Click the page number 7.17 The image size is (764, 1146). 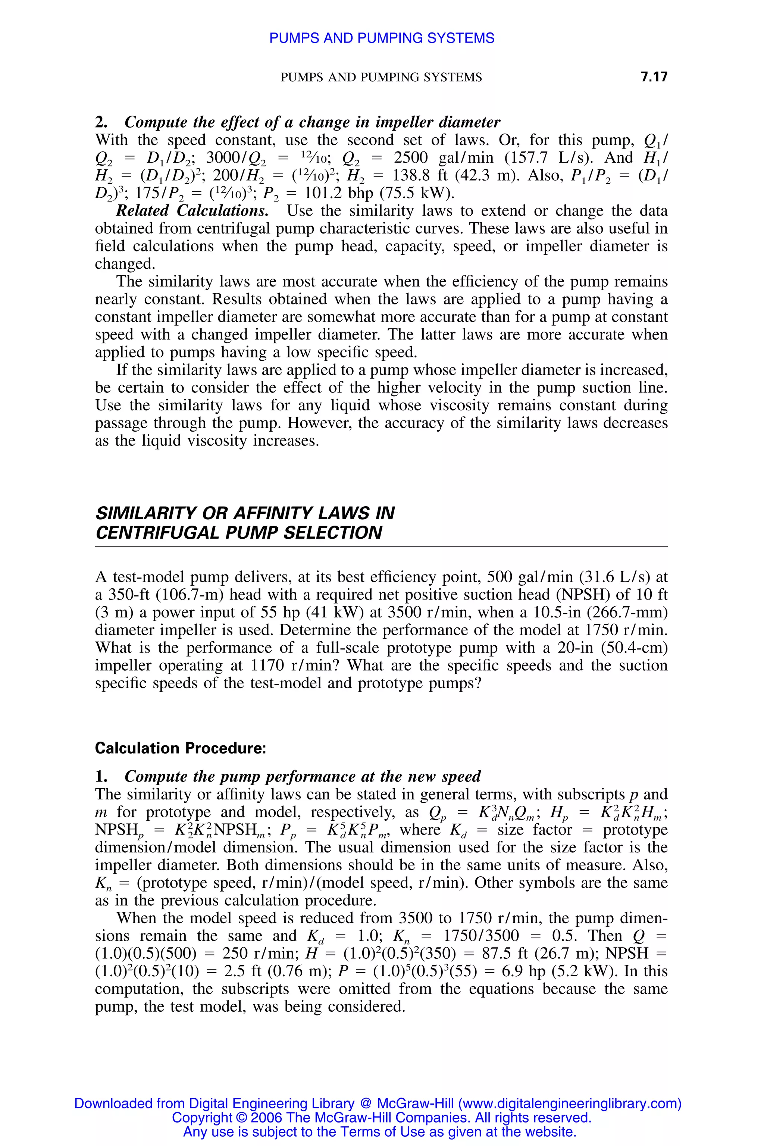tap(654, 76)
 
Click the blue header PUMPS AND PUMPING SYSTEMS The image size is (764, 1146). tap(382, 38)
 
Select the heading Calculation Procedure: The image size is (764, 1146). tap(180, 748)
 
